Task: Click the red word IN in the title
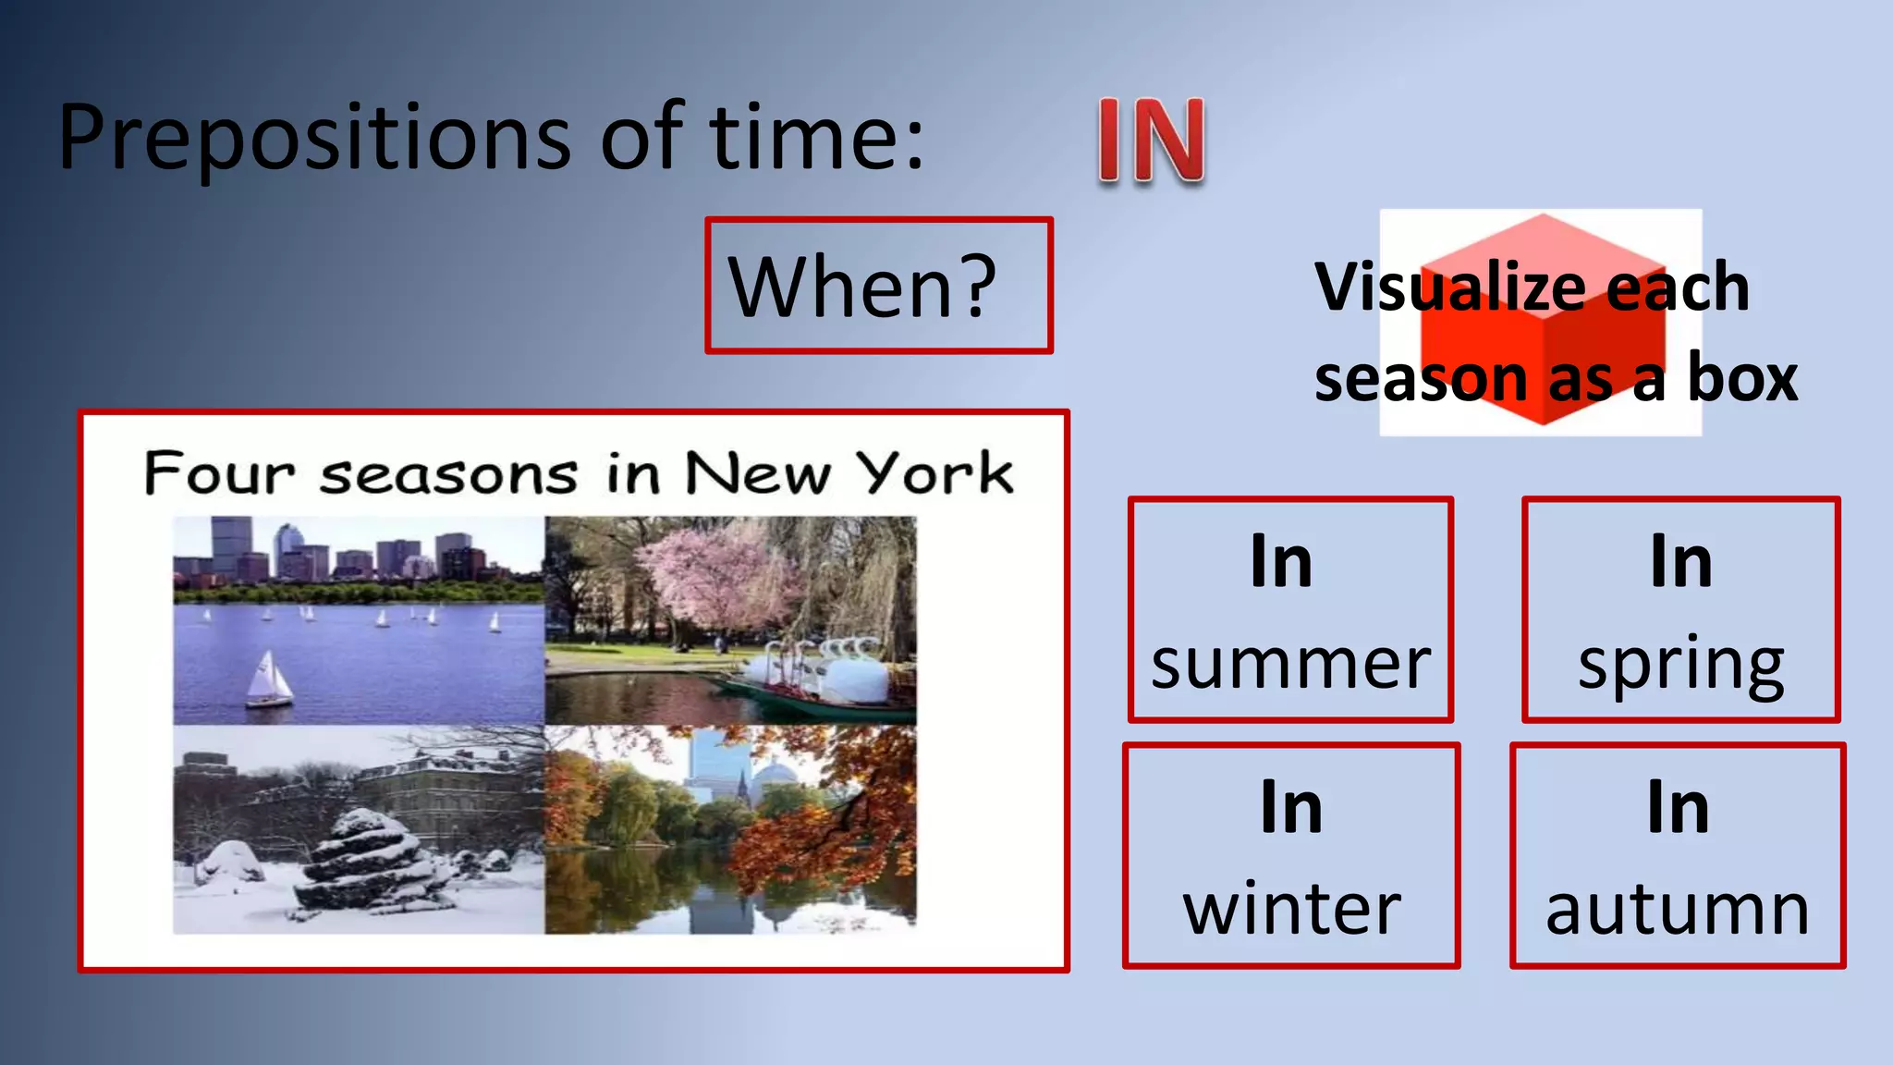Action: tap(1152, 141)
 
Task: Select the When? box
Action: tap(878, 286)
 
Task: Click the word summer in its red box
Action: tap(1290, 664)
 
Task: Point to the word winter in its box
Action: tap(1291, 910)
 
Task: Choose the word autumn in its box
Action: tap(1677, 910)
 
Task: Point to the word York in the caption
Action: tap(934, 473)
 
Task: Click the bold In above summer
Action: tap(1281, 561)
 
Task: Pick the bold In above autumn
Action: tap(1678, 808)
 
